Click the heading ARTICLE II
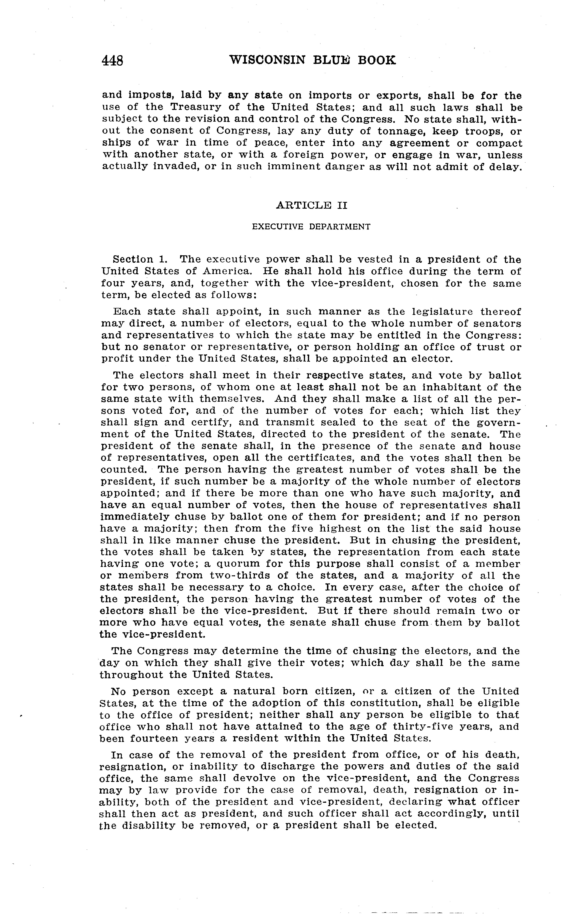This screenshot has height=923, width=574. coord(311,205)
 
